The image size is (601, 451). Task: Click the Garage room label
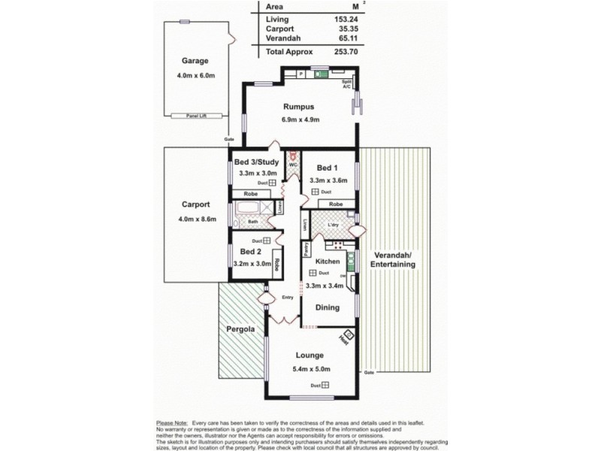tap(195, 61)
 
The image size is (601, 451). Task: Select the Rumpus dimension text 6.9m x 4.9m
tap(301, 120)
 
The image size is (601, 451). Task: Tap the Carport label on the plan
tap(195, 204)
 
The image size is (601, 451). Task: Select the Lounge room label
tap(310, 355)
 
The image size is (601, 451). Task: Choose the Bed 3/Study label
tap(257, 162)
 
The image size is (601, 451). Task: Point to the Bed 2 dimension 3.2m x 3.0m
tap(251, 264)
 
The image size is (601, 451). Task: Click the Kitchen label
tap(328, 261)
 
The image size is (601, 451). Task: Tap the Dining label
tap(327, 307)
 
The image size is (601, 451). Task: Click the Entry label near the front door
tap(287, 297)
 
